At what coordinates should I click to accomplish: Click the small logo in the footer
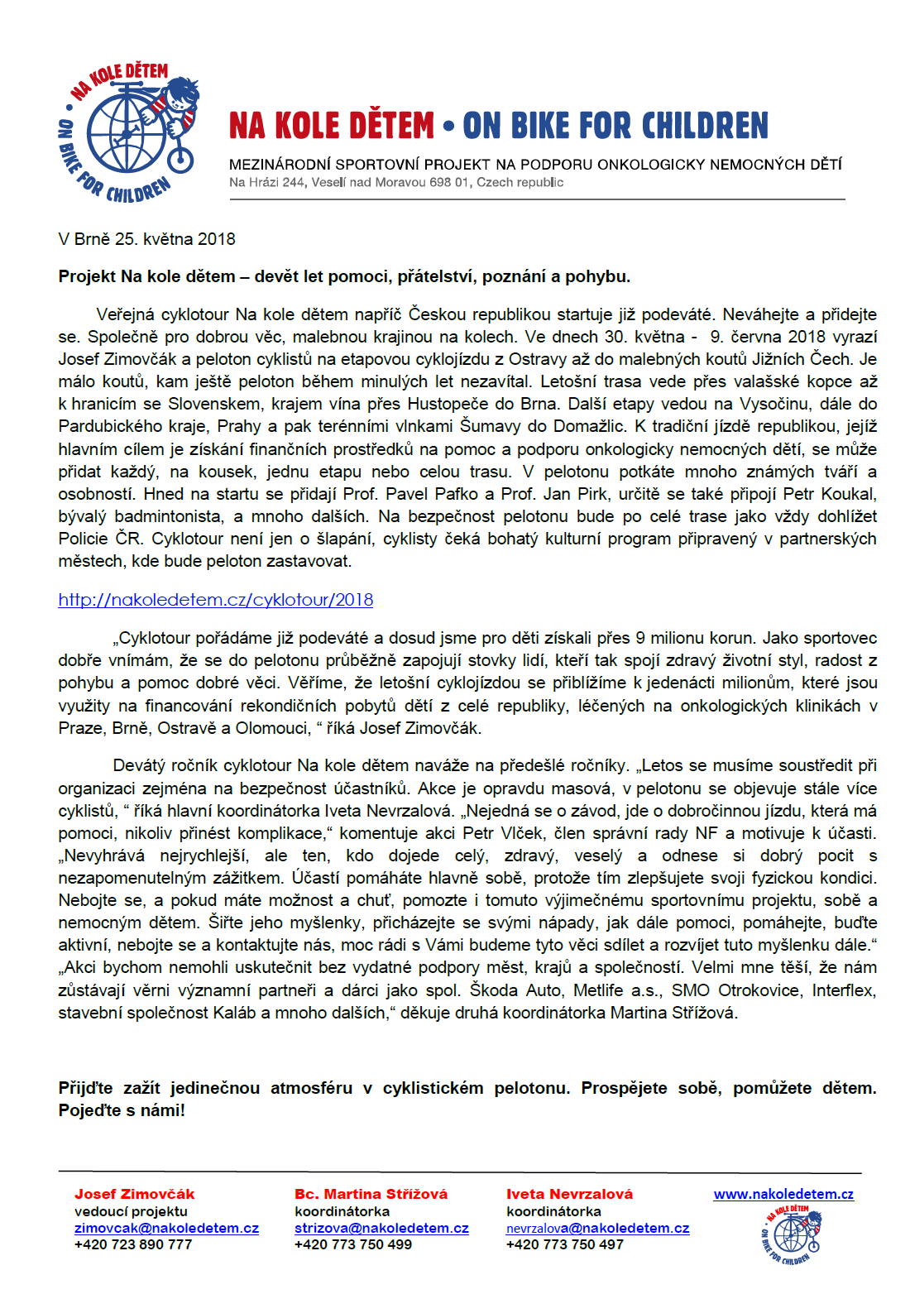[792, 1234]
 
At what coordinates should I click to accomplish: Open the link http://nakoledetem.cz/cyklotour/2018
[215, 600]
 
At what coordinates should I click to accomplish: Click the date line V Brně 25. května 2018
[146, 239]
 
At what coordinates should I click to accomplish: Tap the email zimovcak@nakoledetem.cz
[166, 1229]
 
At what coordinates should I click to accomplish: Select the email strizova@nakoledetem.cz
[381, 1229]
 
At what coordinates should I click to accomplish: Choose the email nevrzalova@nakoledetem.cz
[597, 1229]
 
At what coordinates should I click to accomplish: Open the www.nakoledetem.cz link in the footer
[783, 1194]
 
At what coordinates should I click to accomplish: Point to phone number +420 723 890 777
[133, 1244]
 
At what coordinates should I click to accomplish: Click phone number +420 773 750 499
[353, 1244]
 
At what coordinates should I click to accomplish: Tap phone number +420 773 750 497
[565, 1244]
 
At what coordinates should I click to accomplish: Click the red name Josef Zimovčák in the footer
[135, 1194]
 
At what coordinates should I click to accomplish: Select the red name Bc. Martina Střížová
[371, 1194]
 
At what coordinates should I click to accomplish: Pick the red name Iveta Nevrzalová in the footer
[569, 1194]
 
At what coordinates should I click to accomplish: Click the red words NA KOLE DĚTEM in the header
[331, 126]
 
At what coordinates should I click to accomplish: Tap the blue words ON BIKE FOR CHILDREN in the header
[615, 126]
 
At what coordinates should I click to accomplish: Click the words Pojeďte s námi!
[122, 1110]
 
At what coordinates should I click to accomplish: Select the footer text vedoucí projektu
[131, 1211]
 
